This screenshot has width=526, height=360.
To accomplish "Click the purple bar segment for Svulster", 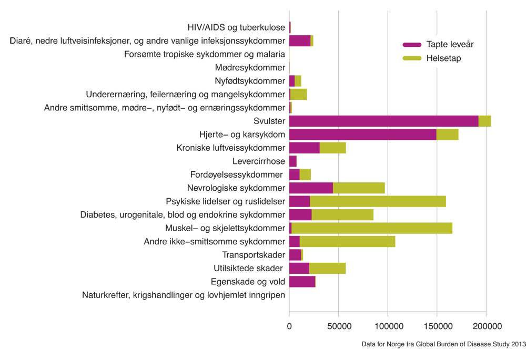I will click(x=383, y=121).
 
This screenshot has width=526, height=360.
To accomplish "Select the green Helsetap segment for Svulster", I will click(x=484, y=121).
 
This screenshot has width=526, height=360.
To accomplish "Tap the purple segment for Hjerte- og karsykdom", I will click(x=362, y=134).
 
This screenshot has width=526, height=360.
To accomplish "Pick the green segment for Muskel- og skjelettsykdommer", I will click(x=371, y=228).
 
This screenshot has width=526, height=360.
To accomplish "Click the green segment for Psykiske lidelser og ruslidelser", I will click(x=378, y=201).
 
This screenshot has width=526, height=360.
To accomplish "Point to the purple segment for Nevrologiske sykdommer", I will click(x=311, y=188).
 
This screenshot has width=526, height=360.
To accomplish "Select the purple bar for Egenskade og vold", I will click(x=302, y=282).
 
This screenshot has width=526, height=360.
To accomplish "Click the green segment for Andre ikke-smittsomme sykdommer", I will click(x=347, y=242).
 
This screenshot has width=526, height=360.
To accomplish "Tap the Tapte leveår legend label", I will click(x=450, y=44).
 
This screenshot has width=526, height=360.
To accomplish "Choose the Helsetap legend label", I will click(x=444, y=58).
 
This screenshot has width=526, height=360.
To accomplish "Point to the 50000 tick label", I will click(x=338, y=326).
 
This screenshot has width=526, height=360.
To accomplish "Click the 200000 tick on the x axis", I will click(x=486, y=326).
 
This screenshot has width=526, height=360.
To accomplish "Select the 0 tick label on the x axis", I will click(x=289, y=326).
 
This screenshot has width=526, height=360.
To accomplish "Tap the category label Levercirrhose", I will click(x=258, y=161).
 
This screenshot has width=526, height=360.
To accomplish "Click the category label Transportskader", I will click(x=254, y=255).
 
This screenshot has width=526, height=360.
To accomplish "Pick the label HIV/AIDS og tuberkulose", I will click(x=236, y=27).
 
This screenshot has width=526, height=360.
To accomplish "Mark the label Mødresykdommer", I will click(x=250, y=67).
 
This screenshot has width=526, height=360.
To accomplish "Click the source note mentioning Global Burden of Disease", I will click(x=443, y=344).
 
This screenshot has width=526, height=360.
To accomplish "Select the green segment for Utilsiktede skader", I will click(x=327, y=269).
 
